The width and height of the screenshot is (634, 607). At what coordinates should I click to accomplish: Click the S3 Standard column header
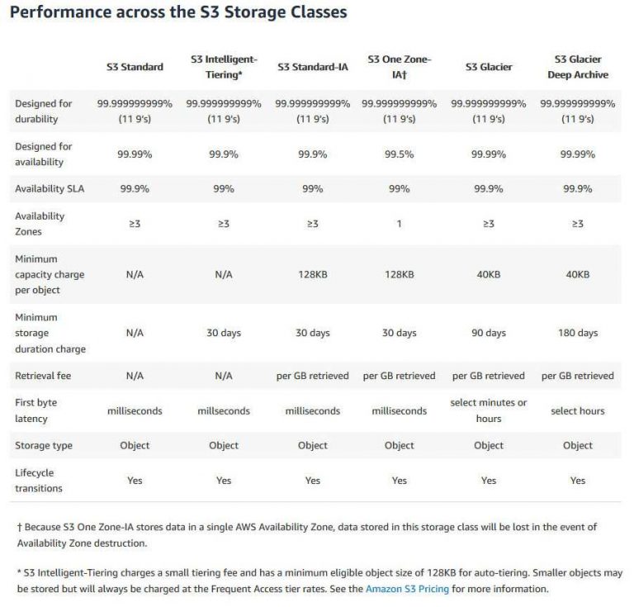pyautogui.click(x=135, y=67)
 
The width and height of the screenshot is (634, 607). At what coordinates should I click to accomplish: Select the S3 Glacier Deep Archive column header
pyautogui.click(x=578, y=67)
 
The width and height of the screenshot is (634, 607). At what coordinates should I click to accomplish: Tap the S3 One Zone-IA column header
pyautogui.click(x=400, y=67)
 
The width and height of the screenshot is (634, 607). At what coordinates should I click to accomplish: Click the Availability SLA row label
pyautogui.click(x=50, y=189)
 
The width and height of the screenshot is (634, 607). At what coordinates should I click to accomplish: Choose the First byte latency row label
pyautogui.click(x=37, y=410)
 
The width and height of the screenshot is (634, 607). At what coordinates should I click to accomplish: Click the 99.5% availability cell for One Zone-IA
pyautogui.click(x=400, y=154)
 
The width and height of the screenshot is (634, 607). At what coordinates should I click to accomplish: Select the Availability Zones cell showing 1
pyautogui.click(x=400, y=224)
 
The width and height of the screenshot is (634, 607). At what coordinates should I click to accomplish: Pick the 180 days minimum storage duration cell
pyautogui.click(x=578, y=333)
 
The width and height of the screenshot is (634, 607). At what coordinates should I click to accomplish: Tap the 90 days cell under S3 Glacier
pyautogui.click(x=489, y=333)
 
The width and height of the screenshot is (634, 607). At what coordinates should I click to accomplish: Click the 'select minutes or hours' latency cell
pyautogui.click(x=489, y=410)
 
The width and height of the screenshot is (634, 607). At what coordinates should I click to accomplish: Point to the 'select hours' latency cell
pyautogui.click(x=578, y=410)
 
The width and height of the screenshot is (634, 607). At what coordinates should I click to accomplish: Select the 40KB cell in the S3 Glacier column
pyautogui.click(x=489, y=274)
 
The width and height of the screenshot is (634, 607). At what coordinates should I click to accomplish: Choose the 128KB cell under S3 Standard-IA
pyautogui.click(x=313, y=274)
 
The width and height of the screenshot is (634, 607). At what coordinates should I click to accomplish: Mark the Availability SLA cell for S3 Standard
pyautogui.click(x=135, y=189)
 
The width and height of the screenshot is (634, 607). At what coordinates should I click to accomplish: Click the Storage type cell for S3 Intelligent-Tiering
pyautogui.click(x=224, y=445)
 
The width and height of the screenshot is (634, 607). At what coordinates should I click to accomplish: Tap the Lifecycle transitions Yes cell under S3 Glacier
pyautogui.click(x=489, y=480)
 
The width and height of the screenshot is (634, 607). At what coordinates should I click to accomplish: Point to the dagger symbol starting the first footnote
pyautogui.click(x=20, y=527)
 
